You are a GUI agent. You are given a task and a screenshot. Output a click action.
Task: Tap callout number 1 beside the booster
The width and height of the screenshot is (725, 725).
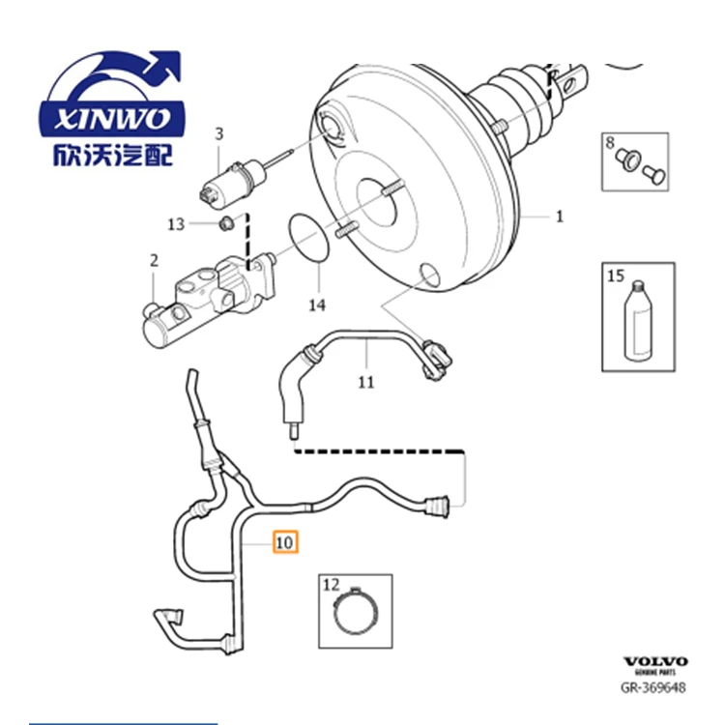click(x=559, y=217)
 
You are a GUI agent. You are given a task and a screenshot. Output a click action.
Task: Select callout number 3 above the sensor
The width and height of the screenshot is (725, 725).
click(x=218, y=133)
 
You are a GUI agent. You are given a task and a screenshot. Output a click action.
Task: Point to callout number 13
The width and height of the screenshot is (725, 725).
click(x=175, y=224)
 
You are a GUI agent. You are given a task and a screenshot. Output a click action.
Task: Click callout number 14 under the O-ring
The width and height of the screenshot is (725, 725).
click(x=317, y=305)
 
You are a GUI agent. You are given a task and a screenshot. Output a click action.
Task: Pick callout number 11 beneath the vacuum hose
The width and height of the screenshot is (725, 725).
click(x=365, y=382)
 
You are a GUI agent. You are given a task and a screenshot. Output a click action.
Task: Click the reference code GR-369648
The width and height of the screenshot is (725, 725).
click(x=653, y=688)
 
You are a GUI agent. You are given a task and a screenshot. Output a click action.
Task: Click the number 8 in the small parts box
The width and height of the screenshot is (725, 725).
click(x=610, y=143)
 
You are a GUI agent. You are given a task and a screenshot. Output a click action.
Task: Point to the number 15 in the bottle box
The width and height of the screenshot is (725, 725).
click(x=616, y=276)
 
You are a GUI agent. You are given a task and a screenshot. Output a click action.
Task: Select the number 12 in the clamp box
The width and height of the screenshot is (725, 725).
click(x=332, y=584)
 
